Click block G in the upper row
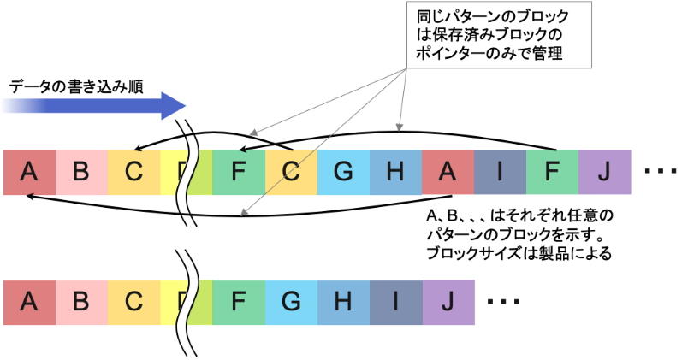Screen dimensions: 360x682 click(343, 171)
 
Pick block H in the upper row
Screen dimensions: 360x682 click(395, 171)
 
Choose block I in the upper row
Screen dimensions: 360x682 click(500, 171)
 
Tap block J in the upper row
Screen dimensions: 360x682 click(604, 171)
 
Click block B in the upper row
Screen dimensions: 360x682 click(81, 171)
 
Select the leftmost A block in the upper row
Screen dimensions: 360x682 click(29, 171)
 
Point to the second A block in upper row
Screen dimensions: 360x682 click(448, 171)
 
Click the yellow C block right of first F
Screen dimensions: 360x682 click(291, 171)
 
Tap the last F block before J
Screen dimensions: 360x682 click(552, 171)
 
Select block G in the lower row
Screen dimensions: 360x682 click(291, 302)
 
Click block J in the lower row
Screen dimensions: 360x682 click(448, 302)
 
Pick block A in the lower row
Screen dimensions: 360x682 click(29, 302)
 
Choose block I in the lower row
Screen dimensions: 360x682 click(395, 302)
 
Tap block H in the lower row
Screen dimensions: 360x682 click(343, 302)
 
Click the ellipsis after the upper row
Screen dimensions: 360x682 click(660, 172)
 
